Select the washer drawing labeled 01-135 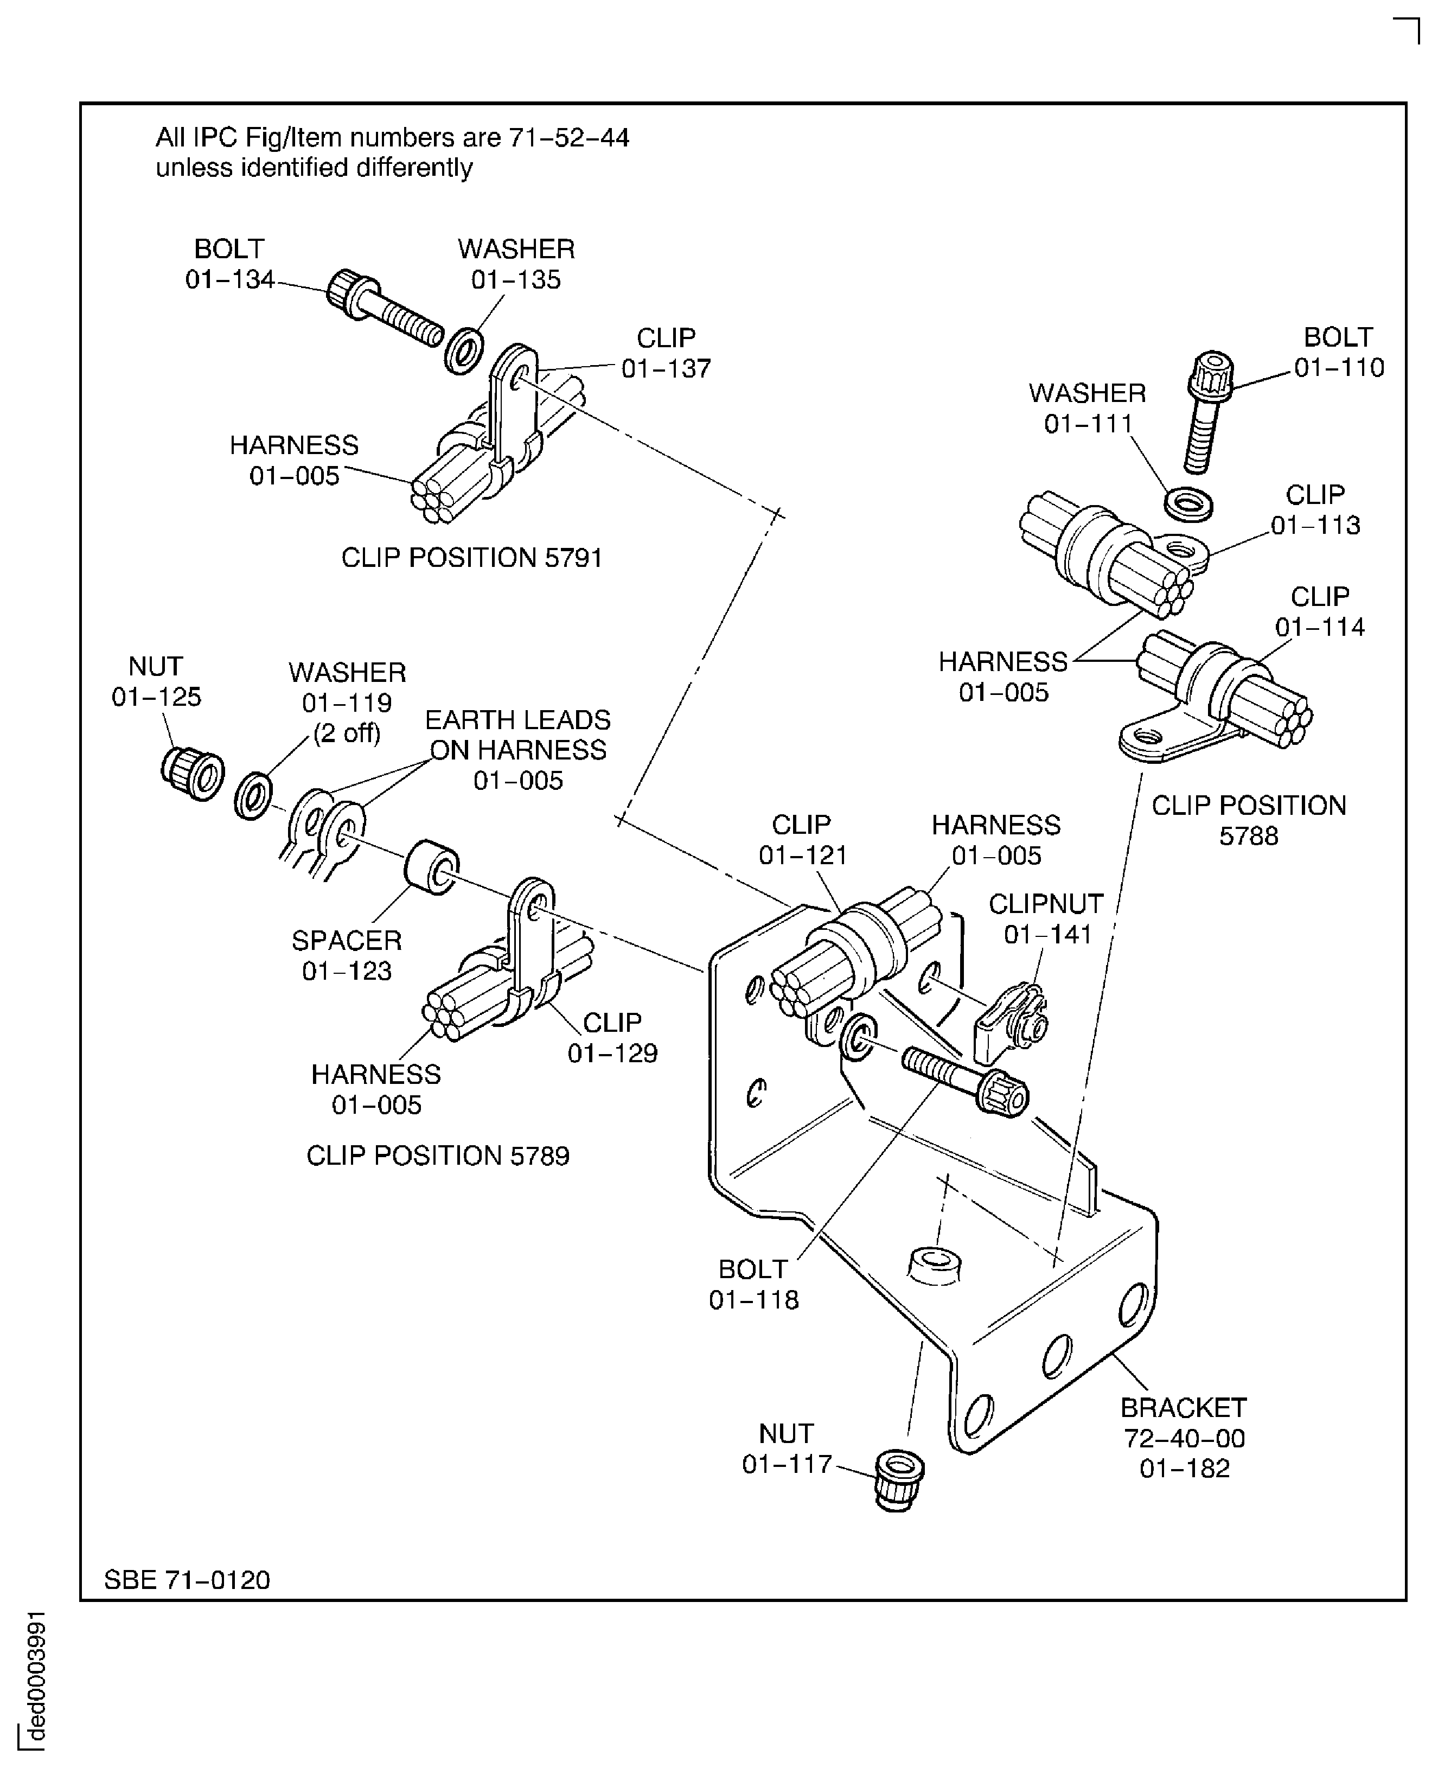(x=464, y=352)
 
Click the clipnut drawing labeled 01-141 (x=1015, y=1024)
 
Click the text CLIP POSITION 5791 (x=471, y=558)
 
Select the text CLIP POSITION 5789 (x=437, y=1156)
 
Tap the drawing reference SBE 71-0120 (x=187, y=1580)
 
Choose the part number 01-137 (x=666, y=369)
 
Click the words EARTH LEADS (x=517, y=719)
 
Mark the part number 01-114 (x=1320, y=627)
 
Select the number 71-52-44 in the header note (x=568, y=138)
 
